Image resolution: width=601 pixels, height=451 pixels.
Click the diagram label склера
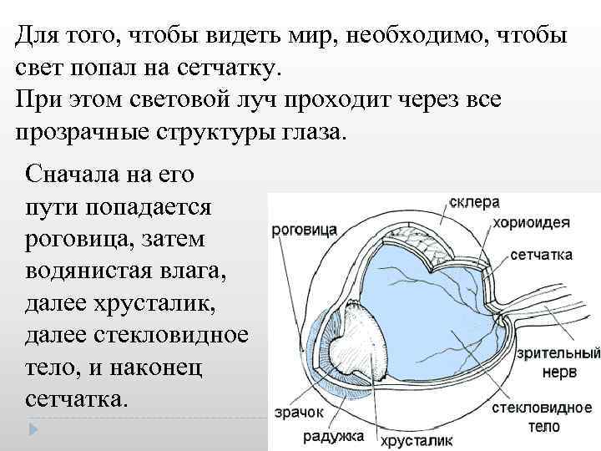click(475, 202)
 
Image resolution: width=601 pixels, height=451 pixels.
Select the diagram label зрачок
click(294, 412)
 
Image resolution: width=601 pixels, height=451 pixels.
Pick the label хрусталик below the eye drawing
click(417, 439)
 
